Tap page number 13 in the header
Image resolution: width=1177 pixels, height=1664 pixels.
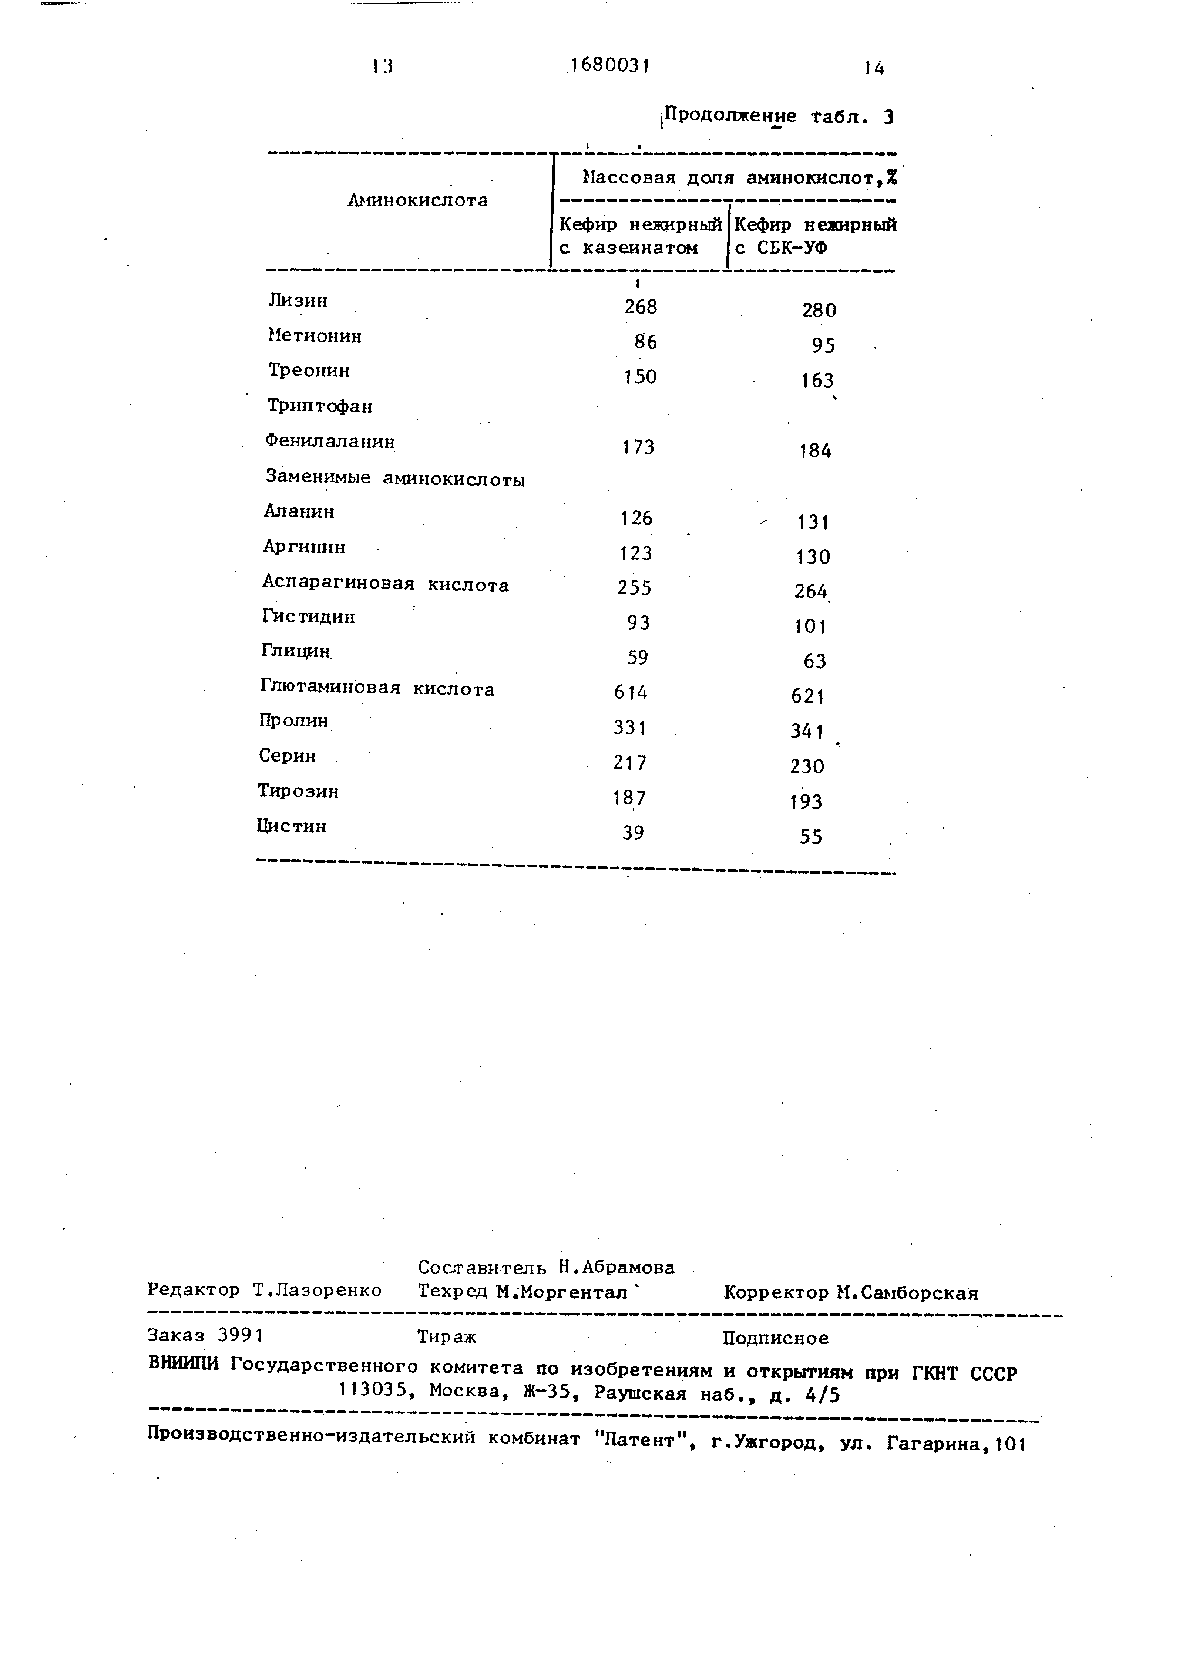(x=382, y=67)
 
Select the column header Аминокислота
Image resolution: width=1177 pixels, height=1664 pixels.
(x=418, y=201)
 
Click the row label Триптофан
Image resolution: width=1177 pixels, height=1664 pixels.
(x=319, y=406)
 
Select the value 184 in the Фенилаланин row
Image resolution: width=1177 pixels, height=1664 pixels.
(x=815, y=451)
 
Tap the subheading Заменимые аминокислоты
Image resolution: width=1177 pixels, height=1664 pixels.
(x=395, y=478)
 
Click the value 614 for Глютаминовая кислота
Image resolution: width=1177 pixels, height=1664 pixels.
(x=631, y=693)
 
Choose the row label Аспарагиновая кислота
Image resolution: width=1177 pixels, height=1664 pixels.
(x=385, y=584)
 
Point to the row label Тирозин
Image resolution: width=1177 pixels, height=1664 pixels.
(x=299, y=790)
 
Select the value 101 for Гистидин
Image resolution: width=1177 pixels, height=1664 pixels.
(x=810, y=626)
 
